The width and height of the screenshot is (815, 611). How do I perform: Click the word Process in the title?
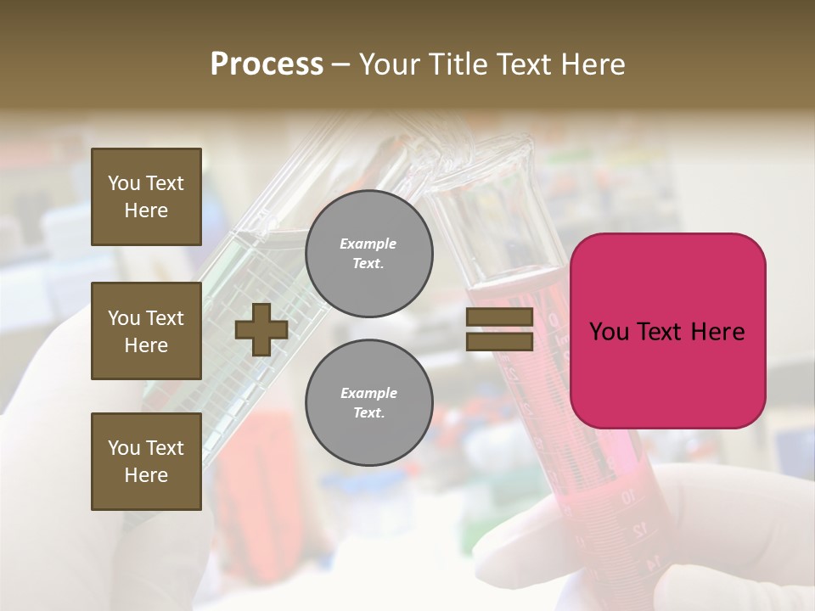pos(267,64)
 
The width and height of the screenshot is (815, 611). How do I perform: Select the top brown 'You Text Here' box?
pos(146,197)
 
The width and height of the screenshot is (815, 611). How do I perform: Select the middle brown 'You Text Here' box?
pos(146,331)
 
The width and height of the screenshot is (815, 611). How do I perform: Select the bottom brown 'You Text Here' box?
pos(146,462)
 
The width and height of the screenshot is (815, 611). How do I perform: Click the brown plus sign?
pos(261,329)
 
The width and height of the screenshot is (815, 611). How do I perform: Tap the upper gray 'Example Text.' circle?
pos(368,254)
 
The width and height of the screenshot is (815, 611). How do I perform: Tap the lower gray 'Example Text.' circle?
pos(368,403)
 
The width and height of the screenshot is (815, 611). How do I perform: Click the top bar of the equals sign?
pos(499,317)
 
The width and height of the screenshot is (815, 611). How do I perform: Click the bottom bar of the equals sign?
pos(499,341)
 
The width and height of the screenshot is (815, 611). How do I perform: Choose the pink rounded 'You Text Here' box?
pos(667,331)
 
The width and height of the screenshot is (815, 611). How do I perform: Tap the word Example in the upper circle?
pos(368,244)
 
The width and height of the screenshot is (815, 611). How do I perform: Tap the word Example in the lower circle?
pos(368,393)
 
